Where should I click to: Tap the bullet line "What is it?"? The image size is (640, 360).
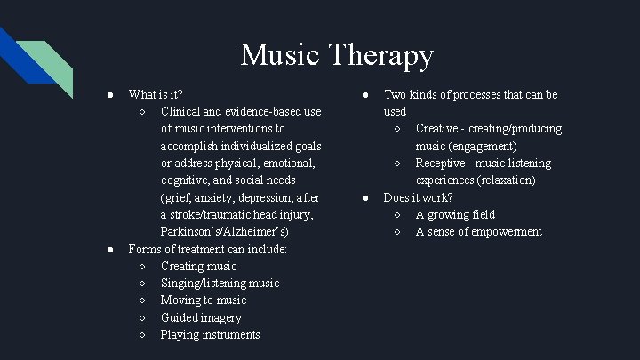coord(156,94)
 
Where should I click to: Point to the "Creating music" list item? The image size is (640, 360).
coord(198,266)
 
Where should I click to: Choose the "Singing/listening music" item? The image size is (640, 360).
coord(220,283)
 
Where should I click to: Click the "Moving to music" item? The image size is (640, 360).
coord(204,300)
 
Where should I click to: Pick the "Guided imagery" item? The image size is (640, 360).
coord(201,317)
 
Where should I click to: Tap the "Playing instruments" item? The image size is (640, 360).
coord(211,335)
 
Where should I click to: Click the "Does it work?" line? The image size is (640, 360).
coord(418,197)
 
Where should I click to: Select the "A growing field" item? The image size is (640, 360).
coord(455,215)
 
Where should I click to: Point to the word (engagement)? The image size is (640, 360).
coord(484,146)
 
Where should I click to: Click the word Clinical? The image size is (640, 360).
coord(182,111)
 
